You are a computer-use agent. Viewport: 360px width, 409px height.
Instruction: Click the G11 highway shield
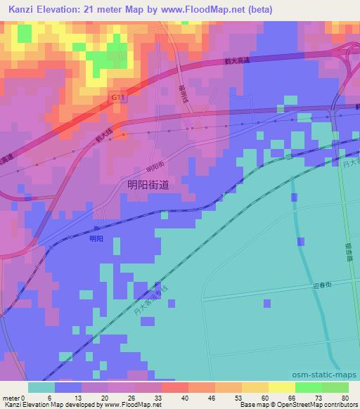(x=117, y=99)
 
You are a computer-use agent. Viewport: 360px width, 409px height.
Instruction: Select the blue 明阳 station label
(x=96, y=239)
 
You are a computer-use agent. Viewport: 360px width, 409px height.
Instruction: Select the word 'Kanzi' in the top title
(x=22, y=10)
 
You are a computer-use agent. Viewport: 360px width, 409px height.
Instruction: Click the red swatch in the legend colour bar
(x=174, y=387)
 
